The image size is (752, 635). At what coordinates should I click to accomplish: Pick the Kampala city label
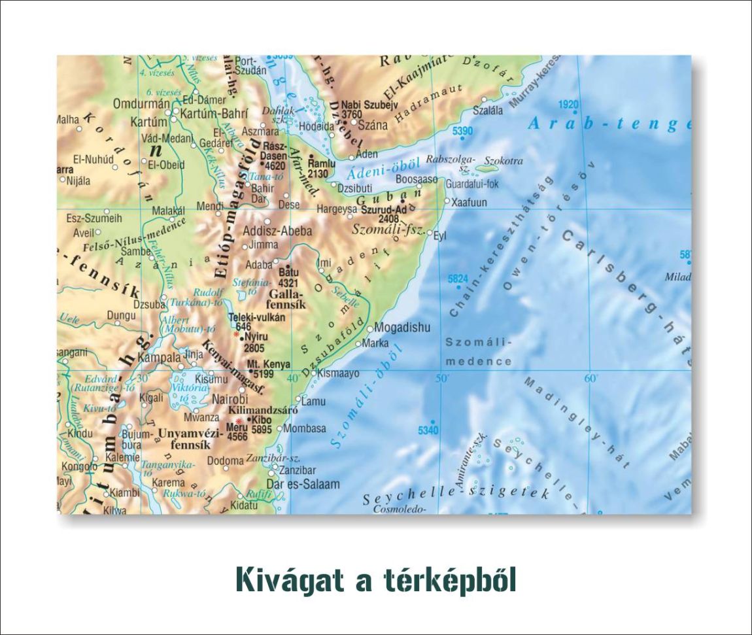pyautogui.click(x=160, y=358)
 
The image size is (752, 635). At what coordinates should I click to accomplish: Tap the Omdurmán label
pyautogui.click(x=141, y=104)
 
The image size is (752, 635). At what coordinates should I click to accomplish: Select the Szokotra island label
pyautogui.click(x=504, y=160)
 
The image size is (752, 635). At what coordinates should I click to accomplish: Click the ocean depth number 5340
pyautogui.click(x=428, y=430)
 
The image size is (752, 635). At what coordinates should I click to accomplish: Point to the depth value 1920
pyautogui.click(x=569, y=105)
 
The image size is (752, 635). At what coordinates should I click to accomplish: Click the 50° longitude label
pyautogui.click(x=443, y=378)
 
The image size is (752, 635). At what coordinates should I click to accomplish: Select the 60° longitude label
pyautogui.click(x=591, y=378)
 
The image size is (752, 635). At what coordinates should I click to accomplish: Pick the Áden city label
pyautogui.click(x=367, y=154)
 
